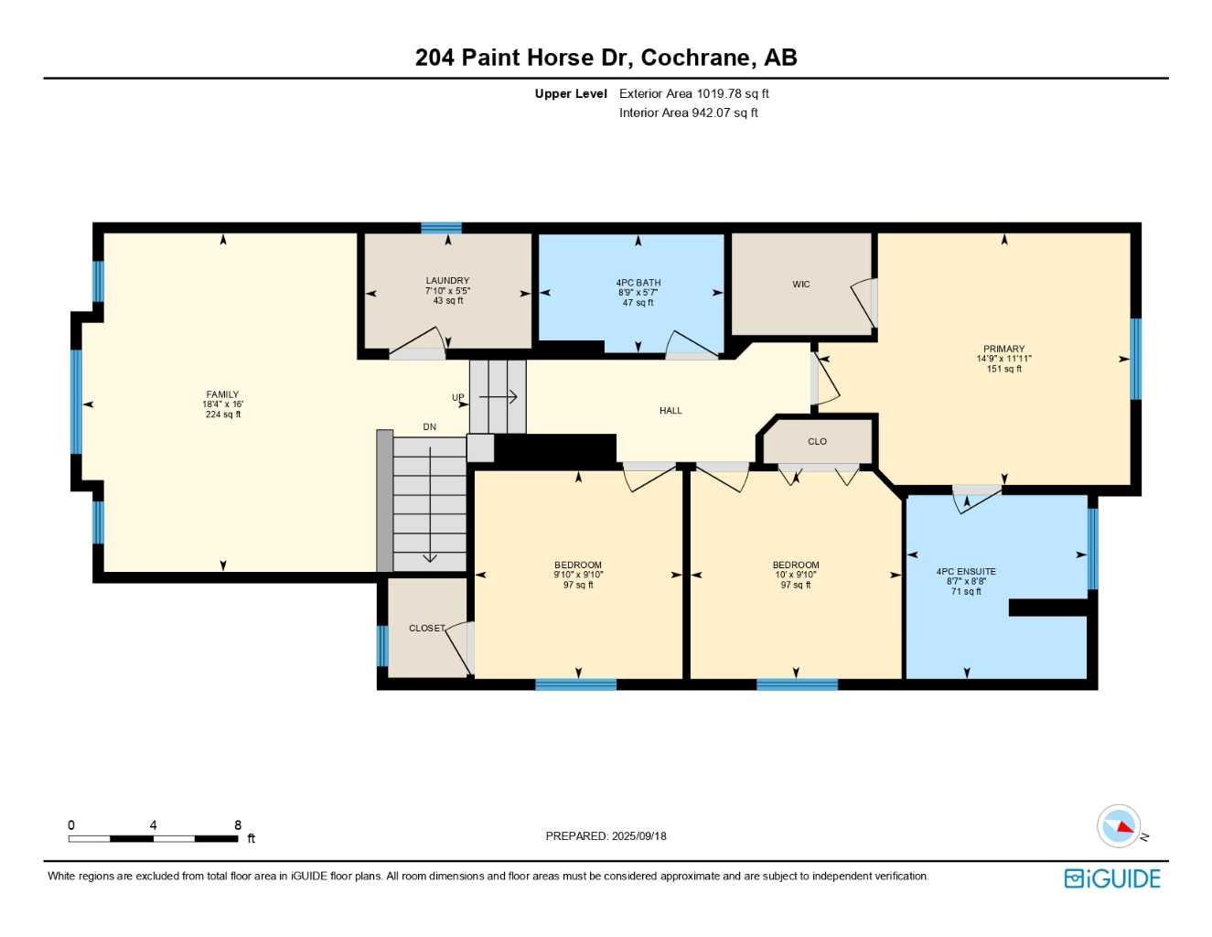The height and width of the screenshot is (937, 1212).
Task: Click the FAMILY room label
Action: pyautogui.click(x=222, y=394)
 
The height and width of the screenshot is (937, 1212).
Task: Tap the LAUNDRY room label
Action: pyautogui.click(x=447, y=281)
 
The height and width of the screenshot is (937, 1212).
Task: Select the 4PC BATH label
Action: pyautogui.click(x=638, y=283)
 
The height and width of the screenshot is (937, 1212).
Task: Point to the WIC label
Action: pyautogui.click(x=801, y=285)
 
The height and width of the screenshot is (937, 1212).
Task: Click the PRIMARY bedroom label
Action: pyautogui.click(x=1004, y=350)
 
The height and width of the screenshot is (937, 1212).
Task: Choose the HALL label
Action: pyautogui.click(x=670, y=411)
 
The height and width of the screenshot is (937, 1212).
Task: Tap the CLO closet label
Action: pyautogui.click(x=817, y=441)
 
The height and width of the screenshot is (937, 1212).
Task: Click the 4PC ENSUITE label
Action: pyautogui.click(x=966, y=571)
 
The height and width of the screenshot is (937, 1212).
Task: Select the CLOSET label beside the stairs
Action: pyautogui.click(x=426, y=628)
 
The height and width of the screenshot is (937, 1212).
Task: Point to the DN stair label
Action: pyautogui.click(x=430, y=426)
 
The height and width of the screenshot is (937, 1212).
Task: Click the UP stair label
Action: pyautogui.click(x=458, y=397)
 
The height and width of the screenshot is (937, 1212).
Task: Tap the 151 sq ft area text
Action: pyautogui.click(x=1004, y=369)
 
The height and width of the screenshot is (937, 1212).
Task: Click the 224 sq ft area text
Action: pyautogui.click(x=223, y=415)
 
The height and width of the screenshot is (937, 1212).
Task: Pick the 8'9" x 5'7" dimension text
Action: pyautogui.click(x=638, y=292)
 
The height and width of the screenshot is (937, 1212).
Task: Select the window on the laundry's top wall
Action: pyautogui.click(x=441, y=228)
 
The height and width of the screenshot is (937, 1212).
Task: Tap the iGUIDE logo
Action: pyautogui.click(x=1112, y=878)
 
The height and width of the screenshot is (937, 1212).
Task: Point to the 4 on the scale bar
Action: pyautogui.click(x=153, y=824)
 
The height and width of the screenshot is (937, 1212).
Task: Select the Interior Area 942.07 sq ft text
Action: pyautogui.click(x=688, y=113)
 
